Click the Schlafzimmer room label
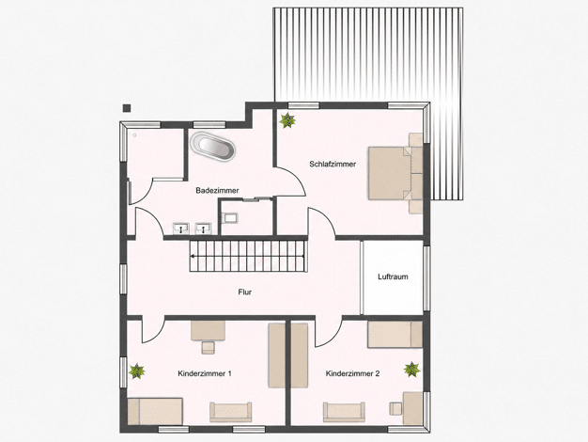[333, 165]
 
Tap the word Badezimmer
[217, 191]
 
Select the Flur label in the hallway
[244, 292]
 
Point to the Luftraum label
[393, 276]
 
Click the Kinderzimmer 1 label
[205, 373]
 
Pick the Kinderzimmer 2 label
[352, 373]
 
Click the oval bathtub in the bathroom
[212, 148]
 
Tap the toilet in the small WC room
[229, 217]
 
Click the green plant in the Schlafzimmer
[287, 120]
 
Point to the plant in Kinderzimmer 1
[136, 371]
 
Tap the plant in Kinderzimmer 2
[411, 370]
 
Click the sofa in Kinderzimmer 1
[231, 412]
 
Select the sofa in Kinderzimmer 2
[344, 412]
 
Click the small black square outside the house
[127, 108]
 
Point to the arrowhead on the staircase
[193, 257]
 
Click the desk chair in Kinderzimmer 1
[209, 347]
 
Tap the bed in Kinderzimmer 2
[395, 334]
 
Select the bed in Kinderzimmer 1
[155, 411]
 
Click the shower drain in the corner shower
[134, 134]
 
